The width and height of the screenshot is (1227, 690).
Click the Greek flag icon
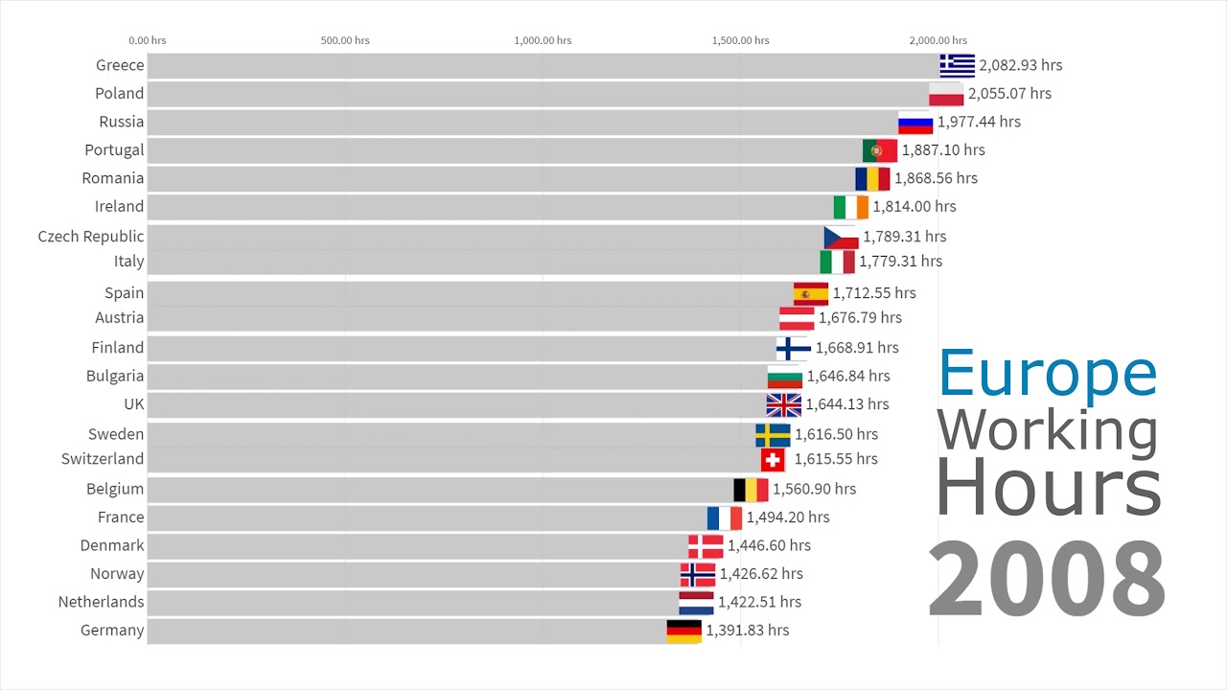point(957,65)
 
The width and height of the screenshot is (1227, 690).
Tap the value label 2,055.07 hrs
point(1009,94)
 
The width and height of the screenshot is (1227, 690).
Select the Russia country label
point(122,122)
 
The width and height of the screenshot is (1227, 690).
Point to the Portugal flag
point(880,150)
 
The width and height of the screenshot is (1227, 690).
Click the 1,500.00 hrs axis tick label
point(740,40)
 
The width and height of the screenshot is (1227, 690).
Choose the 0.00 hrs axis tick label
point(148,40)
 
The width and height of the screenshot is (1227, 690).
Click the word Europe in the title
point(1048,373)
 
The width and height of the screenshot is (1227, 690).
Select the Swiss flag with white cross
point(773,460)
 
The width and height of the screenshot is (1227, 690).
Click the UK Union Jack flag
point(783,405)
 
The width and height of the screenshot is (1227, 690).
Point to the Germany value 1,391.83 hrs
point(747,631)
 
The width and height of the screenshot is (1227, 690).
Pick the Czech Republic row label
point(91,237)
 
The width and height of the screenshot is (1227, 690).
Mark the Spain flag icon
point(810,293)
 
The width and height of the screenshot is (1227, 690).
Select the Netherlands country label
point(101,602)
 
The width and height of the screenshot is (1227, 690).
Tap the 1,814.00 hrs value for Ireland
point(914,206)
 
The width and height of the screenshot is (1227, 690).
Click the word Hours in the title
point(1048,488)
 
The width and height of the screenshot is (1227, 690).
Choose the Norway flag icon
point(697,575)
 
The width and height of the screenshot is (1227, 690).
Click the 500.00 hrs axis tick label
point(346,40)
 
